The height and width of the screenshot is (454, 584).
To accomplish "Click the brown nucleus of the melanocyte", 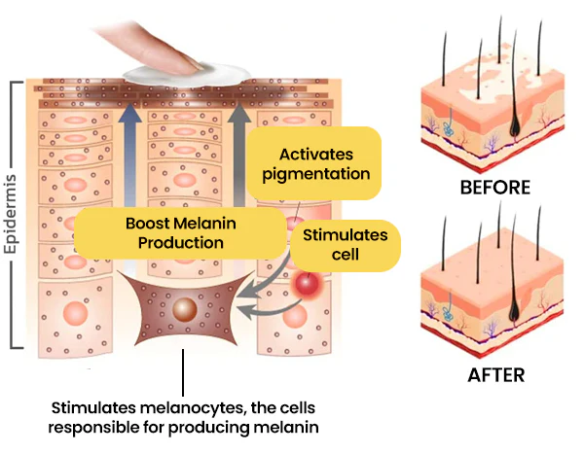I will coord(182,311).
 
